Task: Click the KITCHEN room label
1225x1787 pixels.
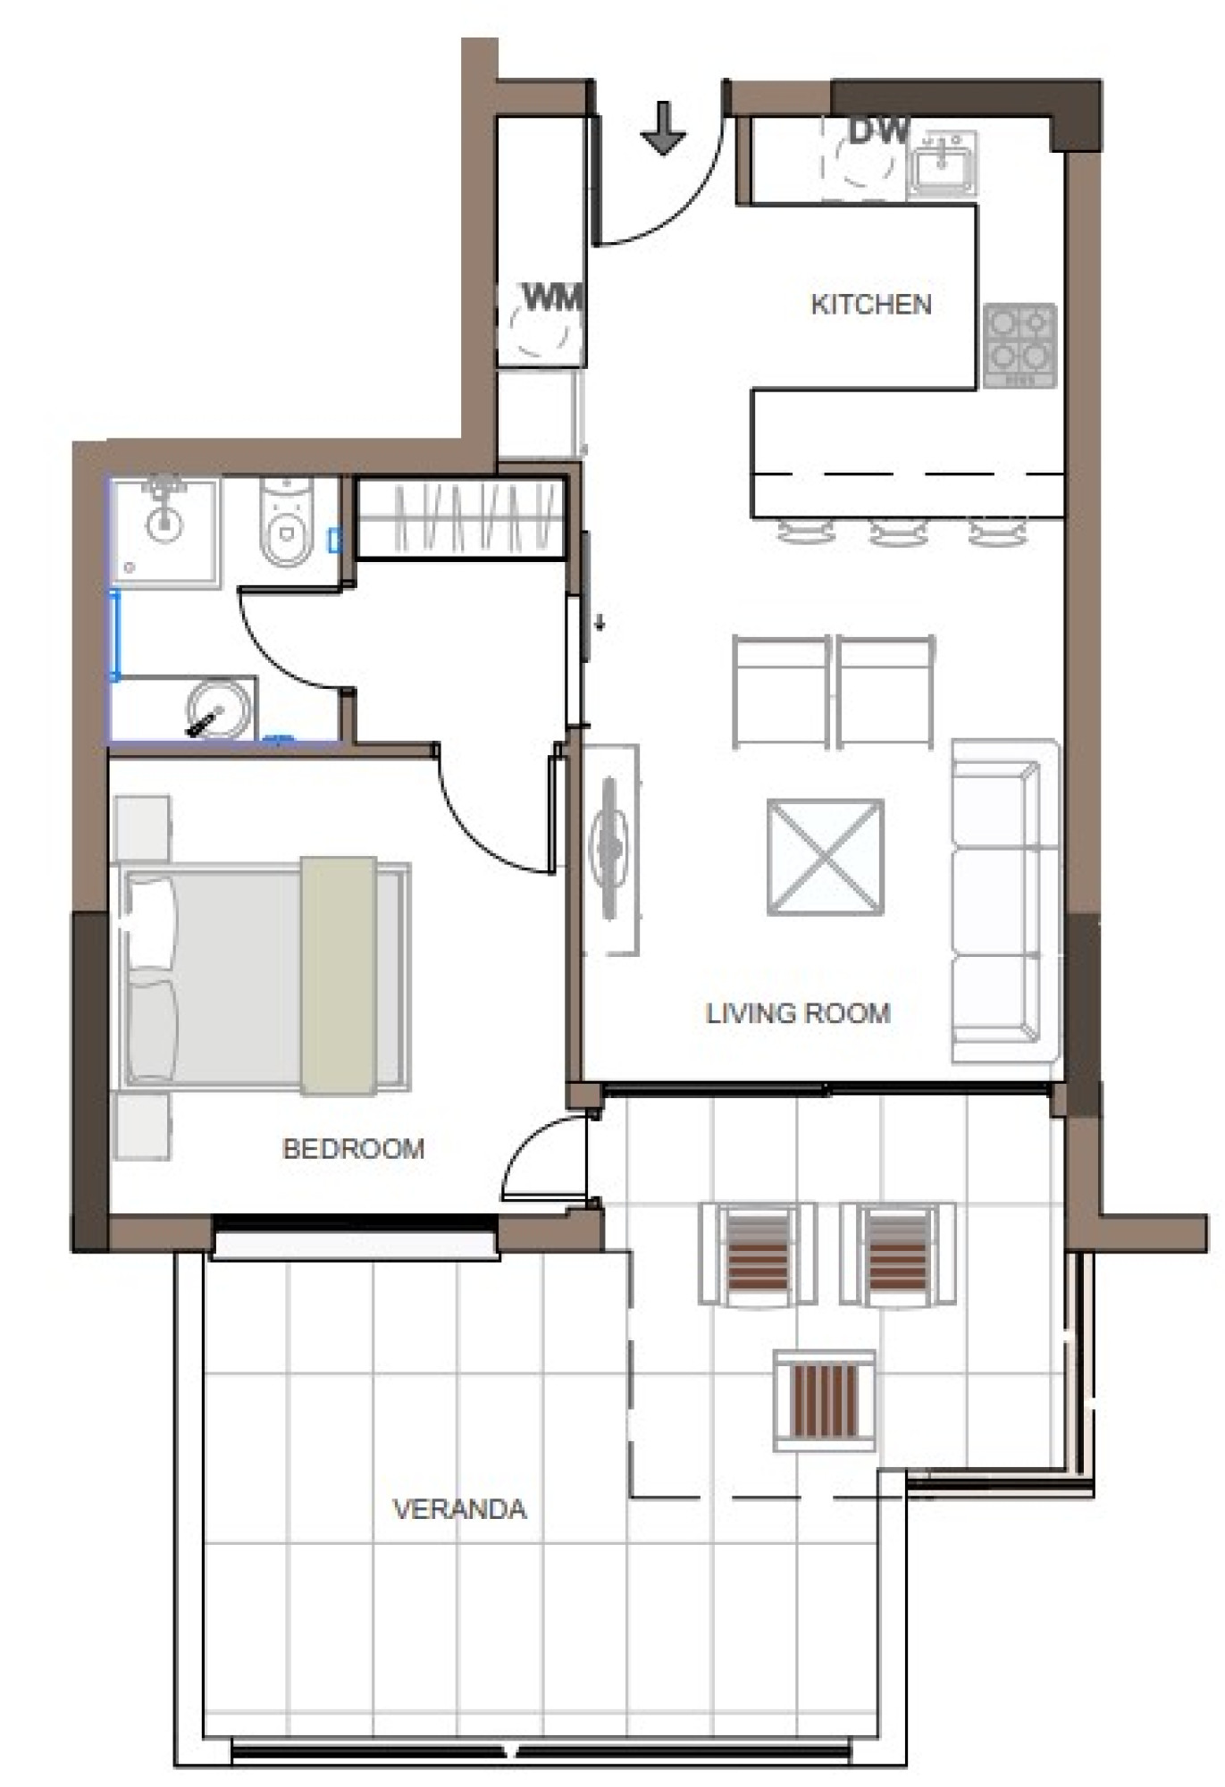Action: point(870,304)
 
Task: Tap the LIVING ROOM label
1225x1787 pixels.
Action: point(798,1013)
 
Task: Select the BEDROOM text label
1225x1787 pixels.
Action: point(353,1148)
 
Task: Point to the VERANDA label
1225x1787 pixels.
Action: point(459,1509)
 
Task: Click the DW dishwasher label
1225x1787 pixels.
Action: point(878,131)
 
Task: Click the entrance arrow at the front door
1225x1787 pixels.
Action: point(663,128)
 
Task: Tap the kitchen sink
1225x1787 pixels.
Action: point(942,165)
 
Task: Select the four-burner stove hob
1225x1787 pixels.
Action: point(1019,346)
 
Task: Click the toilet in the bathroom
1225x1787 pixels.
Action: point(286,522)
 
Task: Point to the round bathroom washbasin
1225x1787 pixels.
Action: point(218,709)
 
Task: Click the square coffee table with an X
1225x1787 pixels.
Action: point(825,858)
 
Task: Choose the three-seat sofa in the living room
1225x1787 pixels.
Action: point(1004,901)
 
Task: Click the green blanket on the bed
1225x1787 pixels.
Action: point(338,975)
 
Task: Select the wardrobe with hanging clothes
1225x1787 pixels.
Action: point(461,517)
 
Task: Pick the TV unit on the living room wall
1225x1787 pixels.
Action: point(611,849)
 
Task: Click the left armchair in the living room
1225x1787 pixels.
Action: point(781,692)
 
